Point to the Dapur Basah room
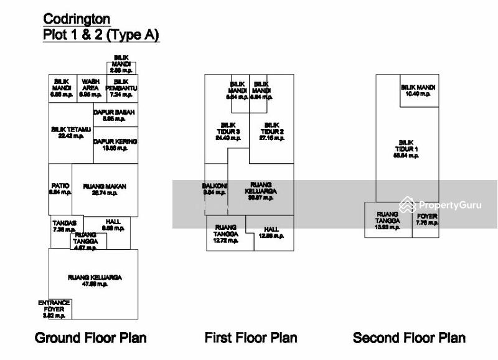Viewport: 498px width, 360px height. point(115,115)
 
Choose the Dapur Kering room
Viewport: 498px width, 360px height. point(115,144)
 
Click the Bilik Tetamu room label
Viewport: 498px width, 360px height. point(71,133)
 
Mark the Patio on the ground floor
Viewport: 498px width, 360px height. point(60,189)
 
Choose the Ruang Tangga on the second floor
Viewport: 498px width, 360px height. point(387,220)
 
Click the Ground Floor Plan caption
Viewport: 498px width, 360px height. point(91,338)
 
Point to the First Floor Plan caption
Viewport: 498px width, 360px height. point(251,338)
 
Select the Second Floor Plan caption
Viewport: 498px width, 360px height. point(409,338)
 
